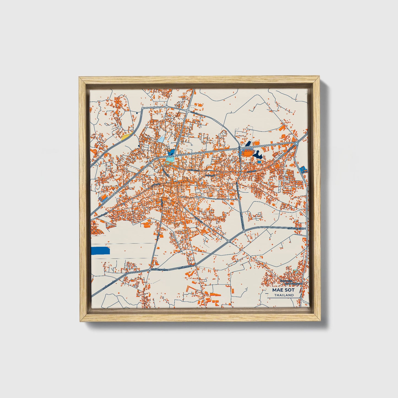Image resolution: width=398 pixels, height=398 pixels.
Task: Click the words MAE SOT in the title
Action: pos(283,290)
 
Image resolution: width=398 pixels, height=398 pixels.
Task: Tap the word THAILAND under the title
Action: pos(284,295)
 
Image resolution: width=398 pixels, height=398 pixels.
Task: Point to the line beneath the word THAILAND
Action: pos(284,298)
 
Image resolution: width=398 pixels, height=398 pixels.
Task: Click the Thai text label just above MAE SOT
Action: pos(291,282)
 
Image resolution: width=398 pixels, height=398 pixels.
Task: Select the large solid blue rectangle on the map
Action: pos(100,251)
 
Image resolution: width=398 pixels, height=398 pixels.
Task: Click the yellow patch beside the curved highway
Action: pos(126,136)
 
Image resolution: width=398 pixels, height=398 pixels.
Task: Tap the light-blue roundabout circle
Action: pos(296,144)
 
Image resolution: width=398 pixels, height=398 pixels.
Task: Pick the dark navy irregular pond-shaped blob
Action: pos(258,155)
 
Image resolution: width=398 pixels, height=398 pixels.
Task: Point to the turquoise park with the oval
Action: pos(170,159)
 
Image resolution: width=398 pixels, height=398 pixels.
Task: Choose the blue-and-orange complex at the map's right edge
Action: pos(304,169)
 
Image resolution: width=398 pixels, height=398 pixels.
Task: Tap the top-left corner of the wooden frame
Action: pos(80,78)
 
